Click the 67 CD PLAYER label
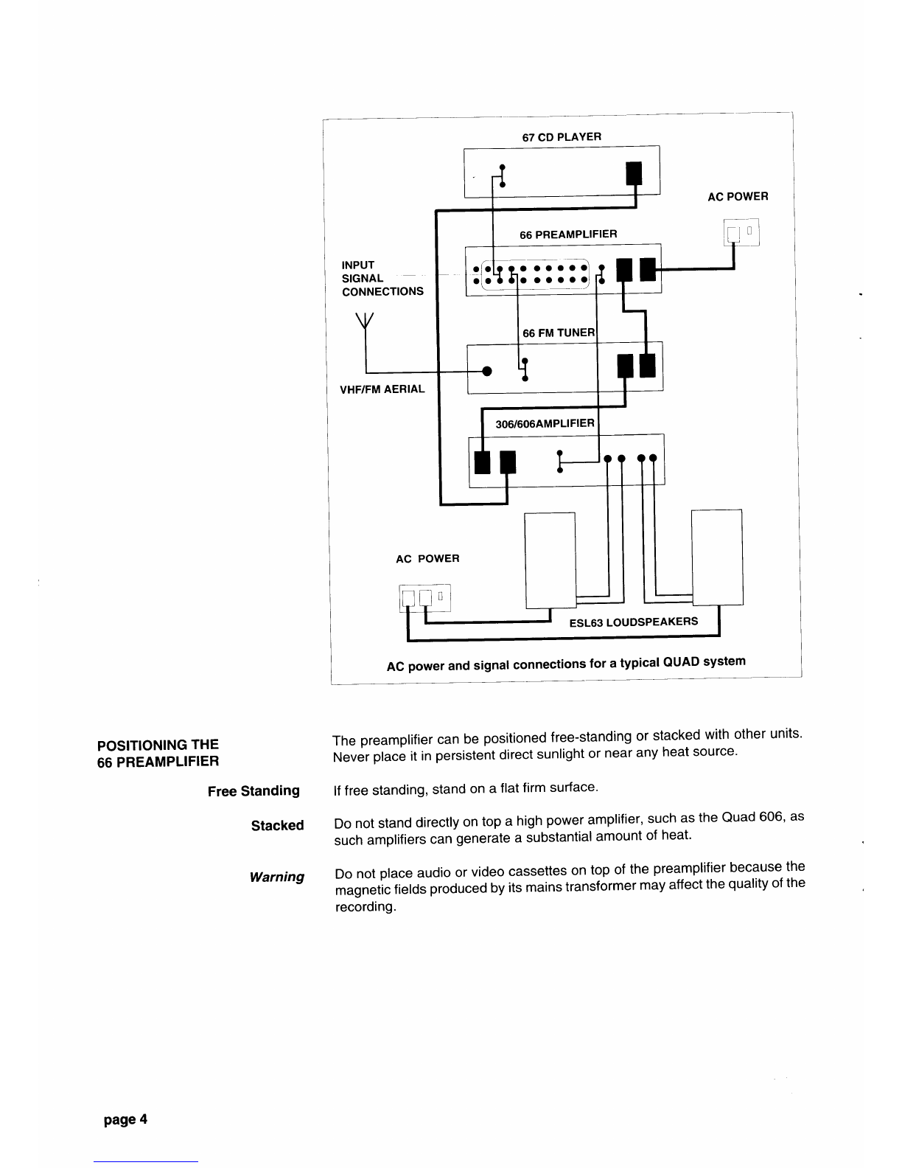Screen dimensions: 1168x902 tap(562, 137)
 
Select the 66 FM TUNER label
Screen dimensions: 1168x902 tap(558, 333)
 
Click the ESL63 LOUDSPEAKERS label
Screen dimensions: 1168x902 tap(633, 622)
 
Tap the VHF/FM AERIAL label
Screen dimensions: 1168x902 tap(382, 389)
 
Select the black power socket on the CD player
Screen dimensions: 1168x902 tap(634, 174)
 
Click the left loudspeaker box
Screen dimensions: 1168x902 tap(549, 560)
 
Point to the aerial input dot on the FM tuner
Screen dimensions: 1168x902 tap(486, 370)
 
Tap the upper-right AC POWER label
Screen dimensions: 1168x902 tap(738, 197)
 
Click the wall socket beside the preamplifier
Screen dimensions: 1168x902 tap(741, 233)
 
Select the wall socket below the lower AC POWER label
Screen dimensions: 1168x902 tap(424, 597)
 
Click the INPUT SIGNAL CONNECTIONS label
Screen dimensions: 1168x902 tap(382, 278)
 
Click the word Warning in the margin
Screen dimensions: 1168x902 tap(277, 877)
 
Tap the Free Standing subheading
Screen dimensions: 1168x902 tap(254, 791)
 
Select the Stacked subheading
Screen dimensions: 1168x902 tap(277, 825)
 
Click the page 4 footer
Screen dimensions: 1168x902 tap(125, 1119)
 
